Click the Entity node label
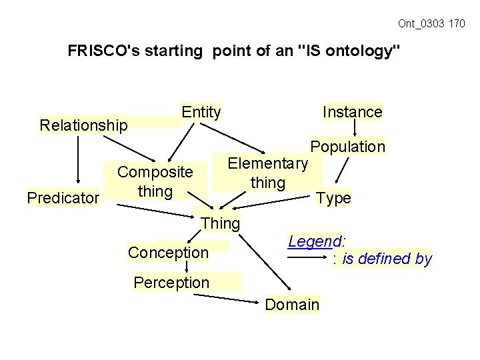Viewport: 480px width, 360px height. tap(201, 112)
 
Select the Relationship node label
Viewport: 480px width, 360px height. tap(83, 125)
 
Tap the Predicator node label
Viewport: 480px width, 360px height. tap(63, 197)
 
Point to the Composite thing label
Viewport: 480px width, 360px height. tap(155, 182)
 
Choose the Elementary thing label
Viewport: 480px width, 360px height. tap(267, 173)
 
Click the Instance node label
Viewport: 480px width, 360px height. tap(352, 112)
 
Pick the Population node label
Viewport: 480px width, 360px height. tap(347, 147)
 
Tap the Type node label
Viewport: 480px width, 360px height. tap(333, 198)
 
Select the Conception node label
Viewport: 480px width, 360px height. tap(168, 253)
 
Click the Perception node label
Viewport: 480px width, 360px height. tap(171, 283)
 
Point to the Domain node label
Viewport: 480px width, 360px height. tap(292, 305)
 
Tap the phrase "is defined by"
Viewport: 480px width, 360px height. tap(387, 259)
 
